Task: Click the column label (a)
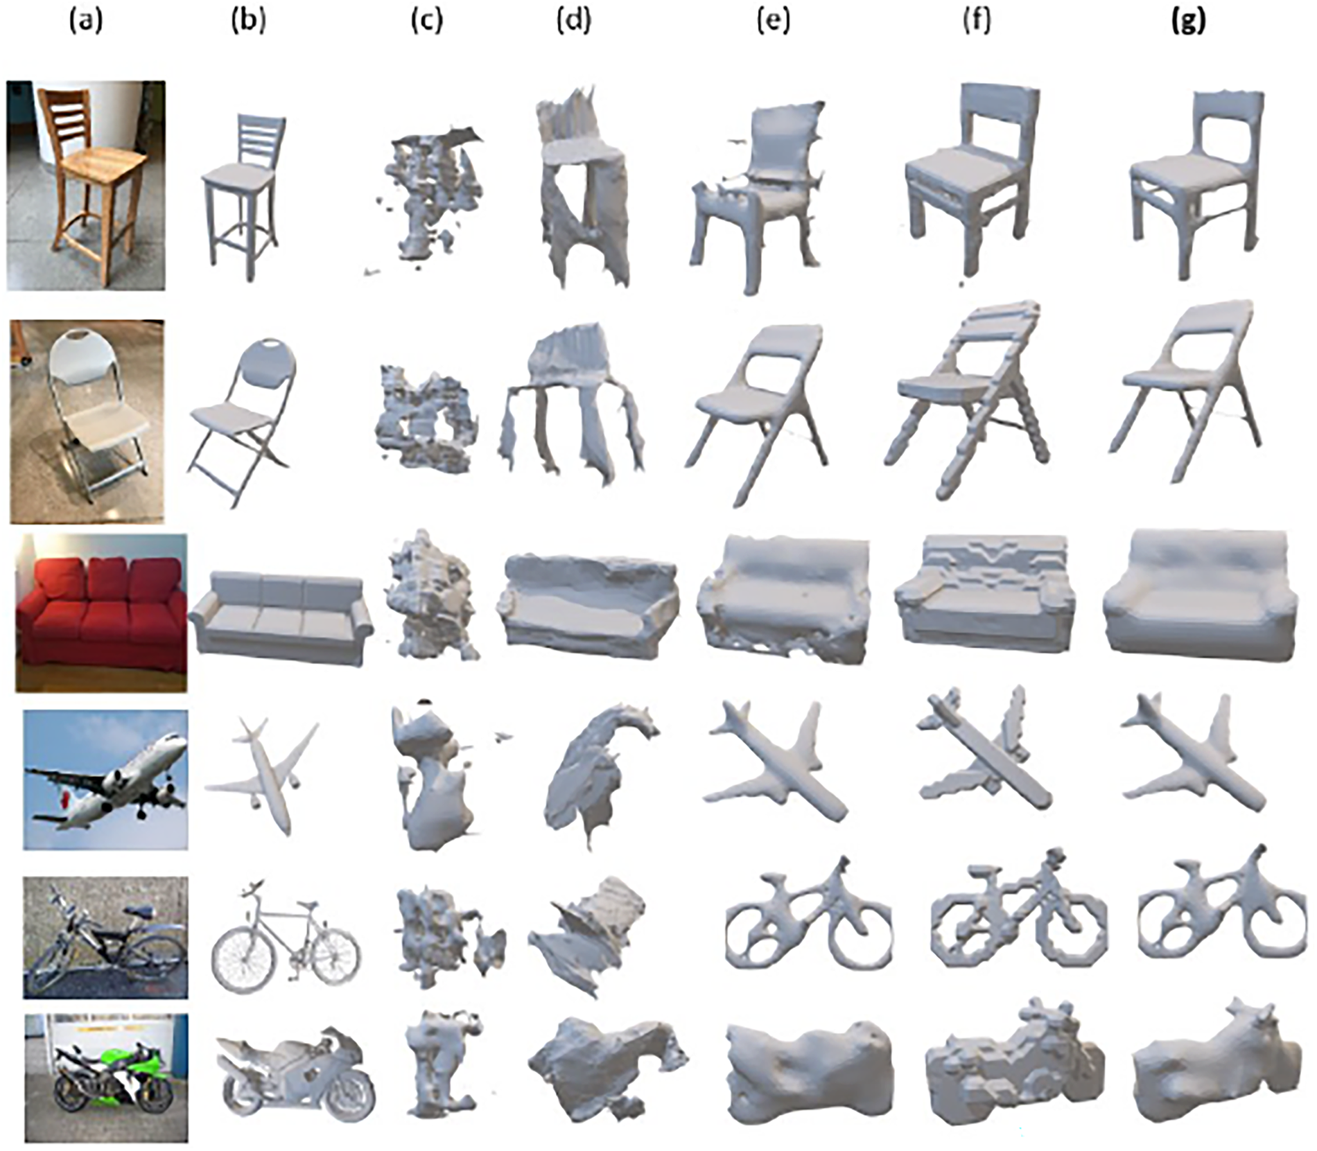86,21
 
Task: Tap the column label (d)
574,21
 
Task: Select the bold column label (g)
1188,21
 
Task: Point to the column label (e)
774,21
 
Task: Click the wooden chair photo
86,185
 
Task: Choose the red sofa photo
101,613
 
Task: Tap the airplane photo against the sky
105,780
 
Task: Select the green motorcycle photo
106,1078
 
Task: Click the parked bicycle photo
105,938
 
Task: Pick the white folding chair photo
87,421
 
